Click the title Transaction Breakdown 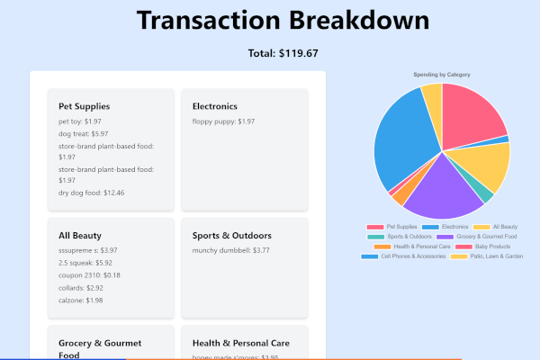point(283,22)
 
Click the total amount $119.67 point(283,53)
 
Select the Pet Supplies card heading point(84,106)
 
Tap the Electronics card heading point(215,106)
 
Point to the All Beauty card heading point(80,236)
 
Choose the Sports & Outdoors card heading point(231,236)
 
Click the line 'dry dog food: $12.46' point(91,193)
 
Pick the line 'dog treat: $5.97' point(83,133)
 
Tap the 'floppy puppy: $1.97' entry point(223,121)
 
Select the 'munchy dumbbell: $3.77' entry point(230,250)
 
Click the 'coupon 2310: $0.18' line point(89,275)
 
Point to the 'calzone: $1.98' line point(81,301)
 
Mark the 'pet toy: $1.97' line point(79,121)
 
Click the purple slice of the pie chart point(440,185)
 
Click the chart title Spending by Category point(441,74)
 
